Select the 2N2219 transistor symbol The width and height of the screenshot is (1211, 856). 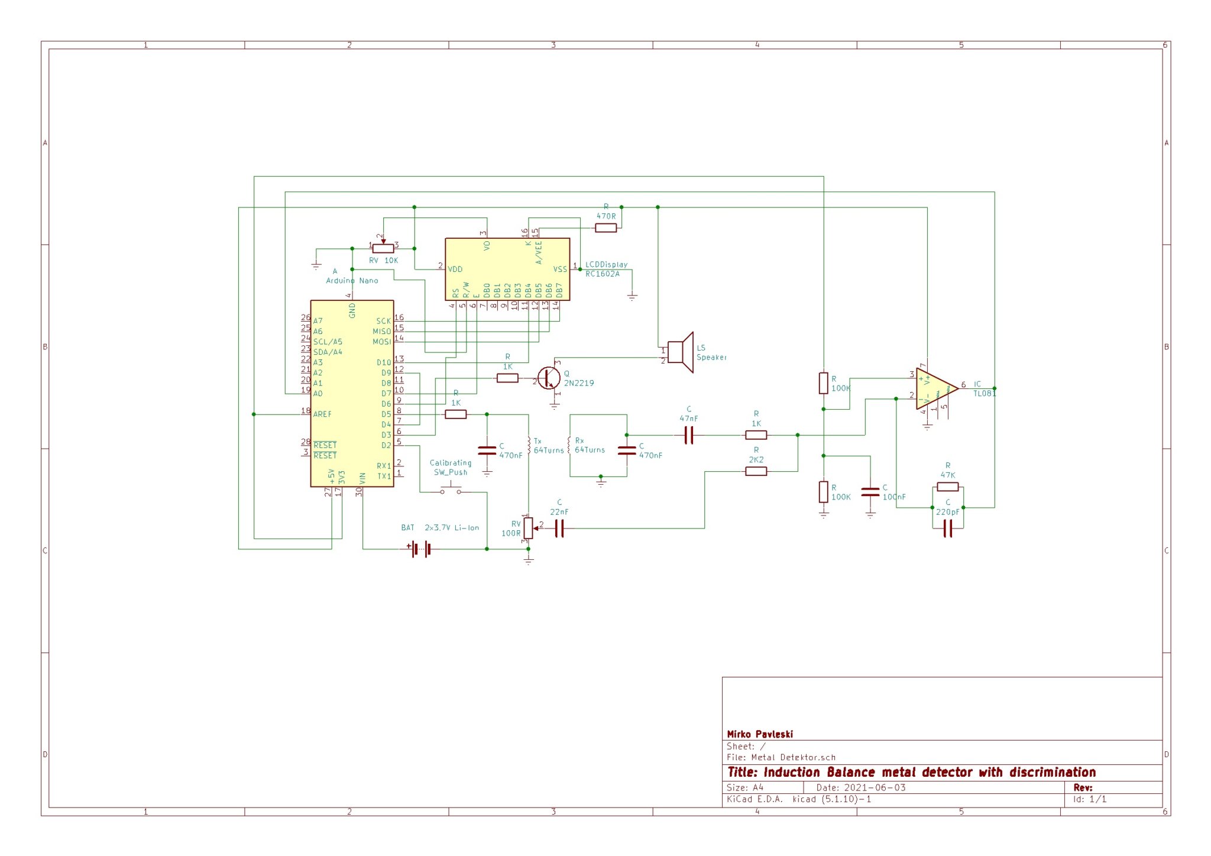tap(549, 378)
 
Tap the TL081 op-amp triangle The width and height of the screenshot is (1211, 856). tap(935, 389)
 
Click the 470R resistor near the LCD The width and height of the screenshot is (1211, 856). tap(605, 228)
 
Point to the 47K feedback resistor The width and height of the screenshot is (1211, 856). tap(947, 487)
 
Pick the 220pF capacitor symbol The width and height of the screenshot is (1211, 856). tap(947, 528)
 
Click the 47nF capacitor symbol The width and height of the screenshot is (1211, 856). tap(688, 436)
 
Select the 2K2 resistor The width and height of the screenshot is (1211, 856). tap(756, 471)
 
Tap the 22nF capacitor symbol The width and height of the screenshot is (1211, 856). tap(559, 528)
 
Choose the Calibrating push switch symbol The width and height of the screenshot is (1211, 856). tap(451, 490)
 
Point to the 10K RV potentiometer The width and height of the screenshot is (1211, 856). tap(383, 248)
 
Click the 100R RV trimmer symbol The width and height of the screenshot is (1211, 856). tap(528, 528)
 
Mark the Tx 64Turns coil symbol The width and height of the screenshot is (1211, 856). tap(529, 445)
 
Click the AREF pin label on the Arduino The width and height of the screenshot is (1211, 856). tap(322, 414)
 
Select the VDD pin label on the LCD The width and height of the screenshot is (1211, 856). tap(455, 270)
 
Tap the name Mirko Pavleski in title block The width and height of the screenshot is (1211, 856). tap(760, 734)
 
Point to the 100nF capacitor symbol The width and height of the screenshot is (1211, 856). tap(870, 492)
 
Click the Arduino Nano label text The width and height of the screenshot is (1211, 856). tap(352, 281)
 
